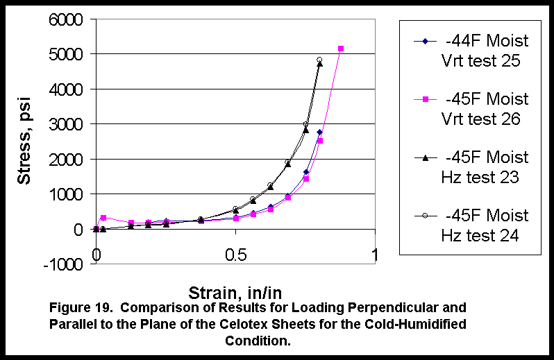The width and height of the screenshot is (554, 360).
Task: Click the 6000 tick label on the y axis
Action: coord(64,19)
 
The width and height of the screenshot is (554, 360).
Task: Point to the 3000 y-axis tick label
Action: coord(64,124)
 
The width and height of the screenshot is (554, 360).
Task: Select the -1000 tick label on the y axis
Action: coord(61,264)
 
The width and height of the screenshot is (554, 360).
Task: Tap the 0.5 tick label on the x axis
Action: coord(236,255)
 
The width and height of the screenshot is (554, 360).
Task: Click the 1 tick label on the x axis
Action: coord(376,255)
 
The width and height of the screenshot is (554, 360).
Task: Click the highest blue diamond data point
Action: coord(319,132)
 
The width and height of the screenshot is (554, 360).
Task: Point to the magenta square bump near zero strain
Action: coord(103,218)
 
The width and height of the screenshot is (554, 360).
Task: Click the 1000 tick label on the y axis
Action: coord(64,194)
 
